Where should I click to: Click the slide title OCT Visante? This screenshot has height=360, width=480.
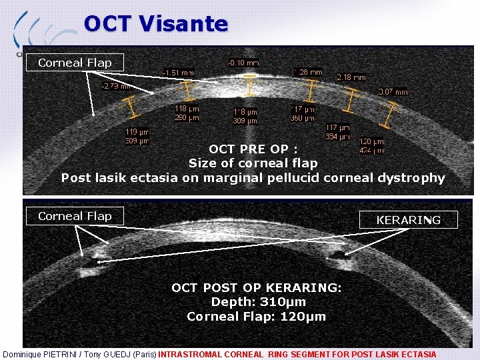(156, 24)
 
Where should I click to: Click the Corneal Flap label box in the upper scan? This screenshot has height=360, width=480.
(75, 63)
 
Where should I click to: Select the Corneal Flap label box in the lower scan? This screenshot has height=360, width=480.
(75, 216)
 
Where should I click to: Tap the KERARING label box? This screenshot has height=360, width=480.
(408, 220)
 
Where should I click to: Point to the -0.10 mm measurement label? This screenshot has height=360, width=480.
(243, 63)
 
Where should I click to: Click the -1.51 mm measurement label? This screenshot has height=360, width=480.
(179, 72)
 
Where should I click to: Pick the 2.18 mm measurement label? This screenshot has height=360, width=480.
(351, 77)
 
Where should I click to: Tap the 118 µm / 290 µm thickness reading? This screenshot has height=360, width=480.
(187, 113)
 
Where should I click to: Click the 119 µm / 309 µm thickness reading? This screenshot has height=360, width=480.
(137, 137)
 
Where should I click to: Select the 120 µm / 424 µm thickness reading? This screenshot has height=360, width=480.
(371, 146)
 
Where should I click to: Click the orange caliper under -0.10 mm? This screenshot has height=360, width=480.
(250, 85)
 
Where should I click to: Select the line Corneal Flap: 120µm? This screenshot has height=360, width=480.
(256, 317)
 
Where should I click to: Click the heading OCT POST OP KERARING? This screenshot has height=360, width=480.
(257, 288)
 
